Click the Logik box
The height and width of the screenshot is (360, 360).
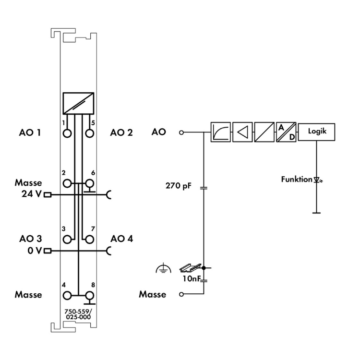[316, 132]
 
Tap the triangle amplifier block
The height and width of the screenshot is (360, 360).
[242, 132]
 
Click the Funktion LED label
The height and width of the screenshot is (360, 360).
[296, 180]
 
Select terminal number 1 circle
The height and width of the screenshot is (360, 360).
[67, 132]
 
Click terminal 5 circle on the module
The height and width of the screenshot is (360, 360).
[89, 132]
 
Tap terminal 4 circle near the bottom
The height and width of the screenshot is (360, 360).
[67, 296]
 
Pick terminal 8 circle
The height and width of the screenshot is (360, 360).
[89, 296]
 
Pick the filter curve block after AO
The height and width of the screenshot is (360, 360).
[221, 132]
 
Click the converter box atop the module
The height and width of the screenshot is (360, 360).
[78, 103]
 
